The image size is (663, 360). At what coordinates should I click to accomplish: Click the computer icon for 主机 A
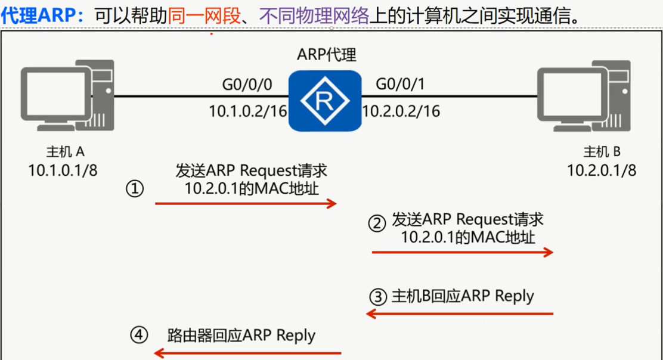tap(66, 96)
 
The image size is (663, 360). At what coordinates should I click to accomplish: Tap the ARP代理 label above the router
tap(326, 55)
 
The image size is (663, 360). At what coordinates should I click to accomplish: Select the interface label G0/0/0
tap(247, 85)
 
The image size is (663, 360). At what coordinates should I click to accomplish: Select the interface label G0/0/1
tap(400, 85)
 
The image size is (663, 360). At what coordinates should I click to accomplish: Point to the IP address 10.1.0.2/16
tap(247, 110)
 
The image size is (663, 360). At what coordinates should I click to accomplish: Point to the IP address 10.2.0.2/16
tap(401, 110)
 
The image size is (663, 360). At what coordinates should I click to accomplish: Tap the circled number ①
tap(135, 189)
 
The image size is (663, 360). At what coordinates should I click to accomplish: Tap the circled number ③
tap(377, 296)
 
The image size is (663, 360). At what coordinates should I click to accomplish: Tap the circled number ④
tap(139, 335)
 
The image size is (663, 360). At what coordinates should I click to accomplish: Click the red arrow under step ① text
tap(246, 204)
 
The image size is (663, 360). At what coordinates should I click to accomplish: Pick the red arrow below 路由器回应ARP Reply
tap(247, 353)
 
